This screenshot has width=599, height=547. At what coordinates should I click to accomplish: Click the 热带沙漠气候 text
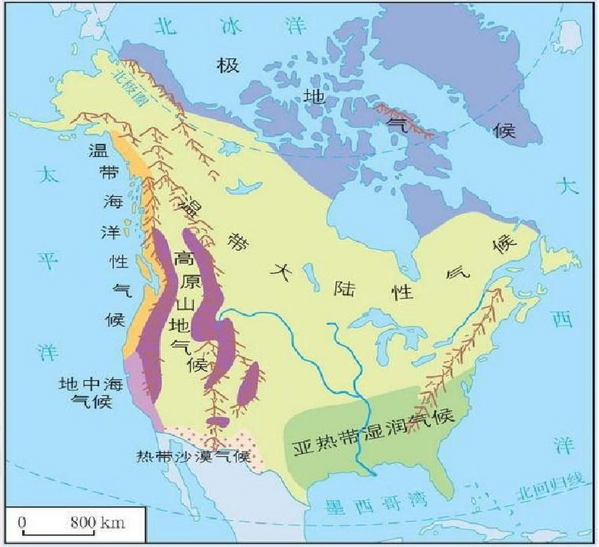coord(192,456)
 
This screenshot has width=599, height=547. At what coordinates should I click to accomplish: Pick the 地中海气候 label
coord(91,392)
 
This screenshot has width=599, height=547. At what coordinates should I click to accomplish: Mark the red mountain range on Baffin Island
coord(404,122)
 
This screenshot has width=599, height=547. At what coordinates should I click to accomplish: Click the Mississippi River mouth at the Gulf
coord(373,473)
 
